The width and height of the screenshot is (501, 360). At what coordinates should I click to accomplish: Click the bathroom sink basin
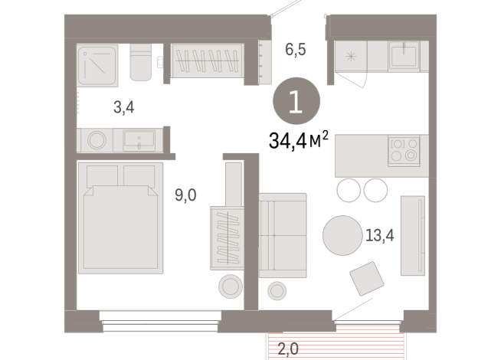[x=139, y=140]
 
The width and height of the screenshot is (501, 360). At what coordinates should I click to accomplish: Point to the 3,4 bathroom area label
[x=124, y=107]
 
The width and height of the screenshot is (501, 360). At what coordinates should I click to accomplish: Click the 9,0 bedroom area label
[x=186, y=195]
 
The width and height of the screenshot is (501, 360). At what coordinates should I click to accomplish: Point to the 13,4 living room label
[x=379, y=234]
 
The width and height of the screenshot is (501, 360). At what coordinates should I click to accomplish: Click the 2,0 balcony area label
[x=288, y=350]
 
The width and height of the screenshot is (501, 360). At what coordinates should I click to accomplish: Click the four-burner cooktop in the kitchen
[x=404, y=149]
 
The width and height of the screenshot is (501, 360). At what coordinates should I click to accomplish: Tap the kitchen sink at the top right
[x=401, y=56]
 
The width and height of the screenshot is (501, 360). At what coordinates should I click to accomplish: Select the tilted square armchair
[x=365, y=278]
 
